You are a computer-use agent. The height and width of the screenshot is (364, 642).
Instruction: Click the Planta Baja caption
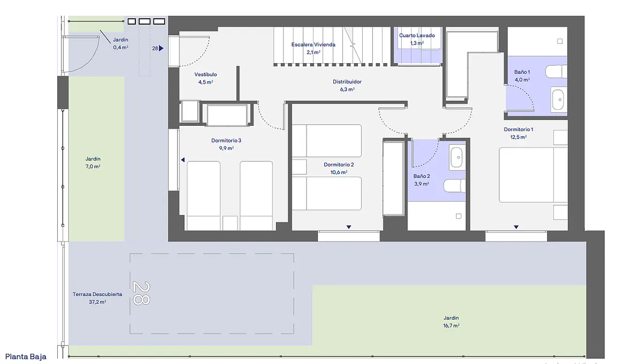[26, 357]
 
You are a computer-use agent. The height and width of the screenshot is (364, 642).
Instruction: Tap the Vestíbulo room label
[205, 74]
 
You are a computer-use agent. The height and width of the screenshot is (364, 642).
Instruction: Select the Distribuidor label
[347, 82]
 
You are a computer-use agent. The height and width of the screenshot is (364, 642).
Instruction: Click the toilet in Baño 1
[556, 71]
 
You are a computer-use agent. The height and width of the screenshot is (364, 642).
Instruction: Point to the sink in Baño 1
[557, 100]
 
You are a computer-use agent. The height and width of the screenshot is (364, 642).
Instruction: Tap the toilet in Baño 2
[455, 186]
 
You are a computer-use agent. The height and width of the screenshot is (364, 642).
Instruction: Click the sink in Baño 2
[456, 157]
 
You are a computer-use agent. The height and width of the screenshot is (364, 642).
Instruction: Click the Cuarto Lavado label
[417, 35]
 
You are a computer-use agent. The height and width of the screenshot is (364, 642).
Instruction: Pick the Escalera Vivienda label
[314, 44]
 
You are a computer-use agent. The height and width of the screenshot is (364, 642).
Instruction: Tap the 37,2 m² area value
[97, 302]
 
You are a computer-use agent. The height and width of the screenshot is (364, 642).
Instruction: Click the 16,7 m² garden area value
[451, 325]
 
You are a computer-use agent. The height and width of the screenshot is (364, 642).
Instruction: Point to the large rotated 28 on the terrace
[141, 293]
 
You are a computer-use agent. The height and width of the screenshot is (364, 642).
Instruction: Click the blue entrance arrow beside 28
[162, 48]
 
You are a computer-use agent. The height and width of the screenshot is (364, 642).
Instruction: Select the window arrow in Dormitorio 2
[349, 227]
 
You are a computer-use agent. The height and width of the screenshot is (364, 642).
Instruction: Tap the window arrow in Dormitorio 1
[516, 227]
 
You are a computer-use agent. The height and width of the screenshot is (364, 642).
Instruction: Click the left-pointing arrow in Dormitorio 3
[183, 160]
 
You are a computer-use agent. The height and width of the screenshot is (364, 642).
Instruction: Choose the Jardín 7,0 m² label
[93, 163]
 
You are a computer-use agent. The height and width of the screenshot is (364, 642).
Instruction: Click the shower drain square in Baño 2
[458, 216]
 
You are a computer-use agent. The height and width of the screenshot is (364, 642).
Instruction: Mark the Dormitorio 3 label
[226, 141]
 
